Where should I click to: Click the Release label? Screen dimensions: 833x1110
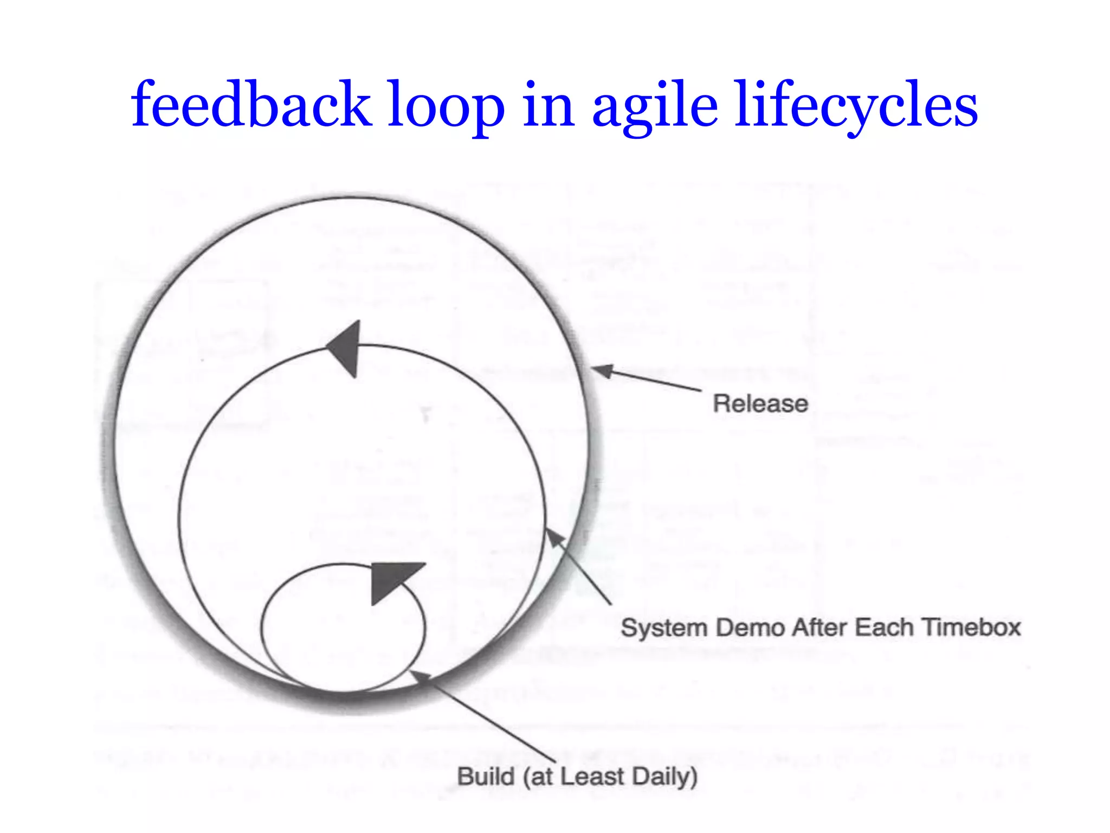coord(760,404)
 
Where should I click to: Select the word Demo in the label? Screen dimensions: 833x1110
coord(750,628)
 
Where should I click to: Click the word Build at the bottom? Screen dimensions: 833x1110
coord(486,777)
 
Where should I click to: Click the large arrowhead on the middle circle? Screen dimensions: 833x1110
coord(346,348)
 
